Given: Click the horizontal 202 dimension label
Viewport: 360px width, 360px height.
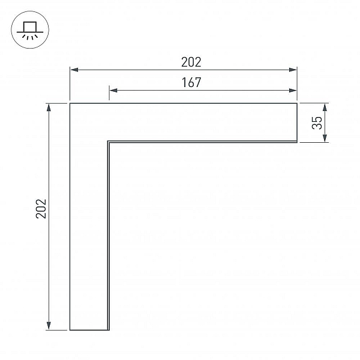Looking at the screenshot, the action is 191,62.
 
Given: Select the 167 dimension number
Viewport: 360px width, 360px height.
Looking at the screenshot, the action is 191,82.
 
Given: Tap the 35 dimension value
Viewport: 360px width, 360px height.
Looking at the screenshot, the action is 317,123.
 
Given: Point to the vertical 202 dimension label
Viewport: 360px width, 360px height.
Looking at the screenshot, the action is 41,208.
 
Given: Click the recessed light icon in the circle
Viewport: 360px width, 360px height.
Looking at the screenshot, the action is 30,30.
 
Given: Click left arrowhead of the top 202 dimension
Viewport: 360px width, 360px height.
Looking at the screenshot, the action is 74,70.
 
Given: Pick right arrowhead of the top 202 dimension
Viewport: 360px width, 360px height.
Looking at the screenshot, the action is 293,70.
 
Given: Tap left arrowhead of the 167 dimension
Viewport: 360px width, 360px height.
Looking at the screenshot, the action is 113,90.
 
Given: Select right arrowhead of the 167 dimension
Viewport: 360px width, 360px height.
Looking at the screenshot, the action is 293,90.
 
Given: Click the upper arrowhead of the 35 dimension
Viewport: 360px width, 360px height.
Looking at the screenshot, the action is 325,107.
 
